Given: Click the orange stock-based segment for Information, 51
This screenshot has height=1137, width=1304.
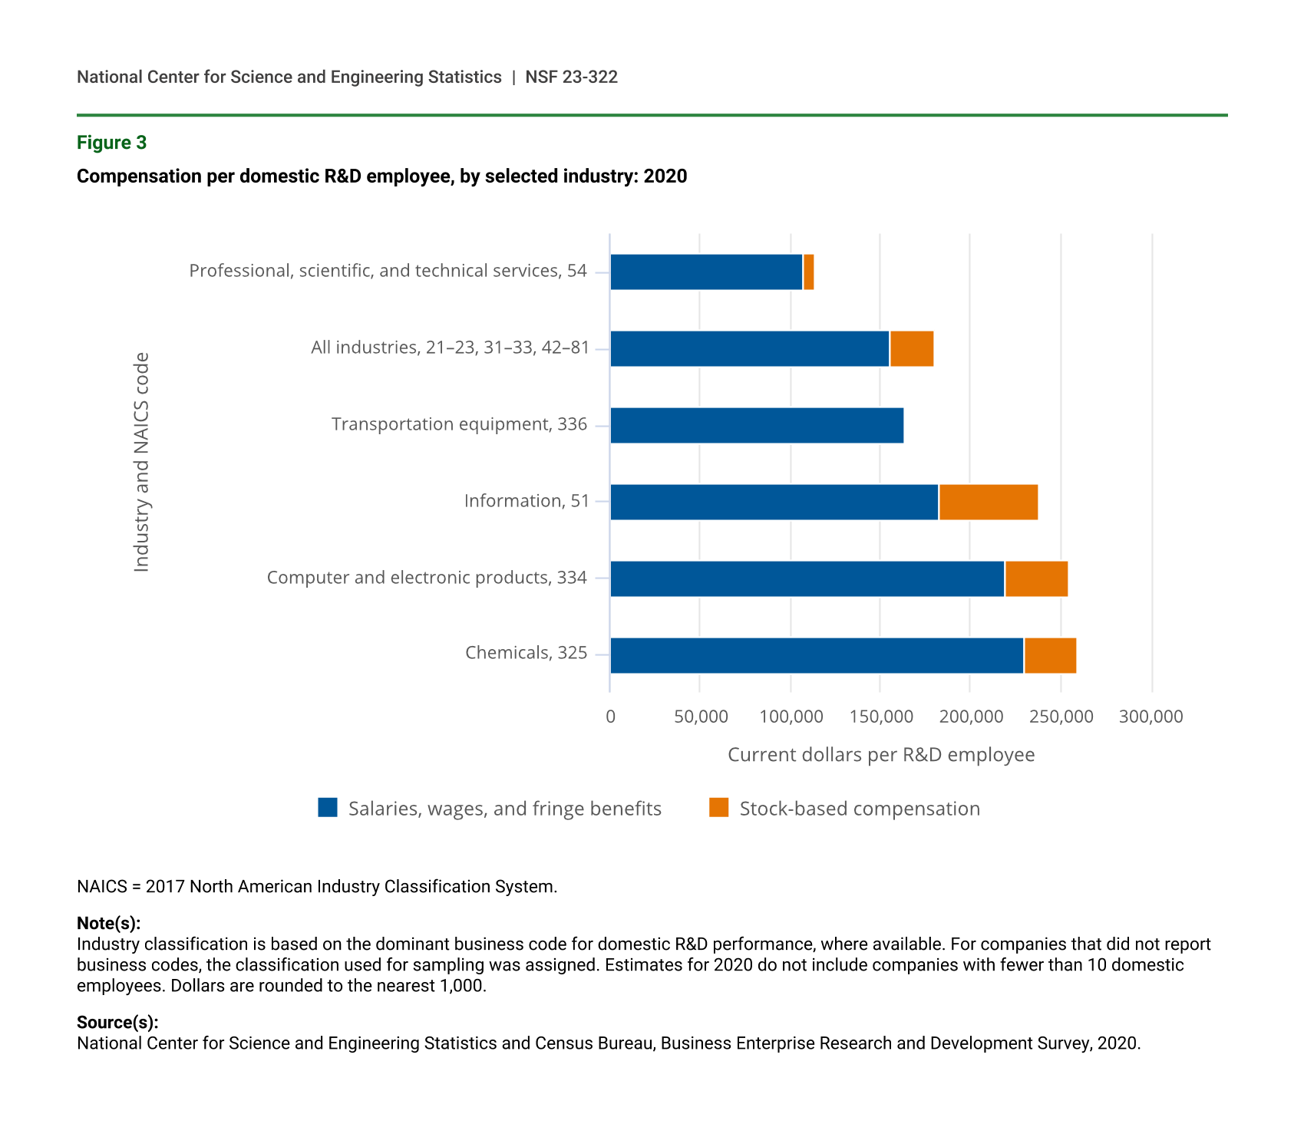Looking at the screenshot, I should (x=988, y=502).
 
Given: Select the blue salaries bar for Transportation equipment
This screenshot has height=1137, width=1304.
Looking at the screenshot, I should (x=757, y=425).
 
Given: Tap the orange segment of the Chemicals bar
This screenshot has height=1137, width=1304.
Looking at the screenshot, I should (x=1050, y=655).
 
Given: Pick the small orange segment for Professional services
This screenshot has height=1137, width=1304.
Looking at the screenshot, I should (x=808, y=272).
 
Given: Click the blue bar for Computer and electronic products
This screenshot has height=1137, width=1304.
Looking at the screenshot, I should (x=807, y=578).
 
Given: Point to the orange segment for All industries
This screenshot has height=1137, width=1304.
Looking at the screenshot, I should (x=911, y=348).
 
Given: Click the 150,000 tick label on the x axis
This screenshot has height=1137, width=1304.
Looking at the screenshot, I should (x=881, y=717).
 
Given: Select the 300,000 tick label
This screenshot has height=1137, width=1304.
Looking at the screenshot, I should (x=1150, y=717).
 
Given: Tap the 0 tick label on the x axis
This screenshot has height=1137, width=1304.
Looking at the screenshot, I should (x=610, y=717).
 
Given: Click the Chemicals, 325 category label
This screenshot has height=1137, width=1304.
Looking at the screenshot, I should (x=526, y=653).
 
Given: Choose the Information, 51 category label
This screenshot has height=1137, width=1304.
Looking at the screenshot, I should (x=527, y=501).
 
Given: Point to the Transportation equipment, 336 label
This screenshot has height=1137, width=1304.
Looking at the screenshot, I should (x=459, y=424).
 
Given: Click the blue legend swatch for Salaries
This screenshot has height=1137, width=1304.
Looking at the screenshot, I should (x=328, y=808).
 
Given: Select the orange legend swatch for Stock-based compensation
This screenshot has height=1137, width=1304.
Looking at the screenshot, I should (x=718, y=808).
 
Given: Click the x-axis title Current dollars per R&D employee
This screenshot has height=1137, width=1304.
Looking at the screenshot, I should (x=880, y=755).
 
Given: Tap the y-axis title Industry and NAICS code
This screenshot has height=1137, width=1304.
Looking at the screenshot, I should (x=142, y=462).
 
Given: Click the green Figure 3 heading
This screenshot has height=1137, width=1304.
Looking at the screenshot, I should (x=111, y=143).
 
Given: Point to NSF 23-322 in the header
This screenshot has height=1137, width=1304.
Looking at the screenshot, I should (x=571, y=77).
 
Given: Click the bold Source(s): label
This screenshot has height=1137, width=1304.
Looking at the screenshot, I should (x=117, y=1022).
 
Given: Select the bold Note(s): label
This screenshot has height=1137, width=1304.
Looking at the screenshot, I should (x=108, y=923).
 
